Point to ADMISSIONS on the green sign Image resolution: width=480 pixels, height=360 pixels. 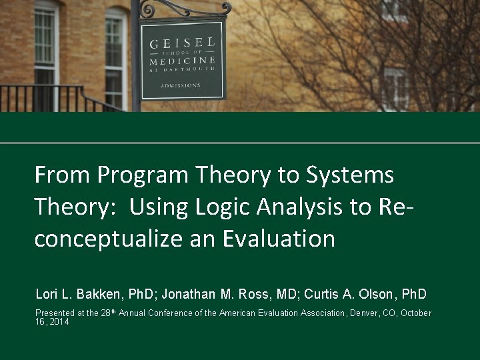click(x=180, y=85)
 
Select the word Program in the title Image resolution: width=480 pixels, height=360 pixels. click(x=143, y=175)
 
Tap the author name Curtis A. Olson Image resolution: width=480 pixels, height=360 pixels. click(x=347, y=294)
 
